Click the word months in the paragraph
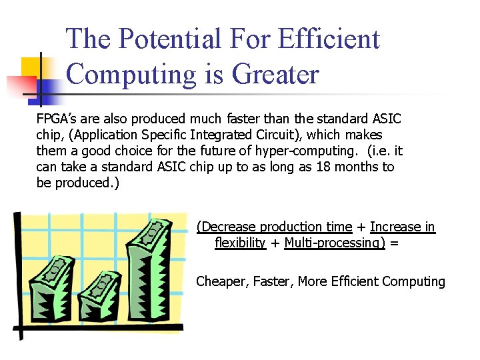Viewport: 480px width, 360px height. pos(358,167)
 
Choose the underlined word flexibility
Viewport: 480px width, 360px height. pos(240,243)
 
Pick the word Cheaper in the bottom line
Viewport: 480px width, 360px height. pos(223,281)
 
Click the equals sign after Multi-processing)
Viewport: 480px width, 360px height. pos(395,243)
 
